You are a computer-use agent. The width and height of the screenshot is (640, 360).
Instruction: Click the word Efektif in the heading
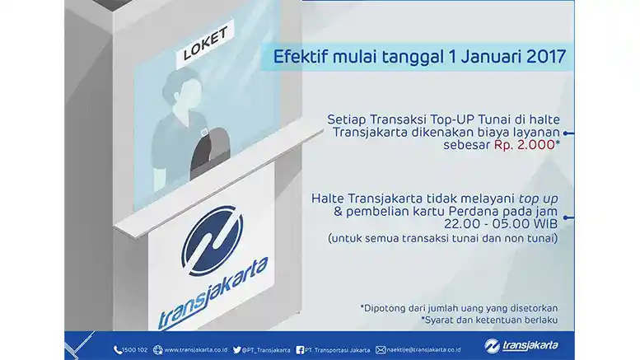(300, 58)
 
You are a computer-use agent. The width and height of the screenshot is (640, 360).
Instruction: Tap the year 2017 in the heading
(541, 58)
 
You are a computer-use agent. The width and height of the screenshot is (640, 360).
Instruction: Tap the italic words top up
(540, 199)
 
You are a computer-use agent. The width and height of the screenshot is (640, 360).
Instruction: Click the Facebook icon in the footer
(299, 349)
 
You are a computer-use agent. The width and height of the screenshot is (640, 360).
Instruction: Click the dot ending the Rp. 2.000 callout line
(570, 131)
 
